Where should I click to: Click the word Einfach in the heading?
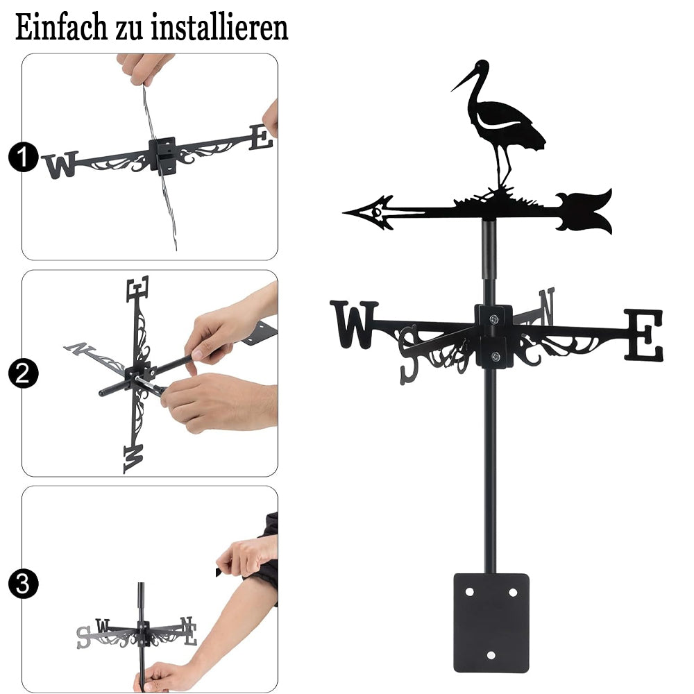tap(60, 27)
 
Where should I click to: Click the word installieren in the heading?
tap(219, 27)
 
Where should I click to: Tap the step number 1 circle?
tap(24, 156)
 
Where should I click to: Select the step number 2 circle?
tap(24, 373)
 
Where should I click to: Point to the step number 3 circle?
tap(24, 584)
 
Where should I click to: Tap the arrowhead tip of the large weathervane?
tap(344, 213)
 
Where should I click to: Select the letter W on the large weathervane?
tap(354, 324)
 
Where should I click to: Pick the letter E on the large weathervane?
tap(643, 335)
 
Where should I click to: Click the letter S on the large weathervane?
tap(408, 355)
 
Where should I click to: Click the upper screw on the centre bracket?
tap(493, 319)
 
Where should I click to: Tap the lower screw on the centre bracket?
tap(496, 356)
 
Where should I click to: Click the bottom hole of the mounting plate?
tap(491, 655)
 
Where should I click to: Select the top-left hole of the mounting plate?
tap(470, 592)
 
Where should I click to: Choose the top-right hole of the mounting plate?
tap(513, 592)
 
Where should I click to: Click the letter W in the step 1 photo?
tap(60, 164)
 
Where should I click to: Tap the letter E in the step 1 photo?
tap(260, 137)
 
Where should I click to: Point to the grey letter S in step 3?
tap(83, 637)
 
